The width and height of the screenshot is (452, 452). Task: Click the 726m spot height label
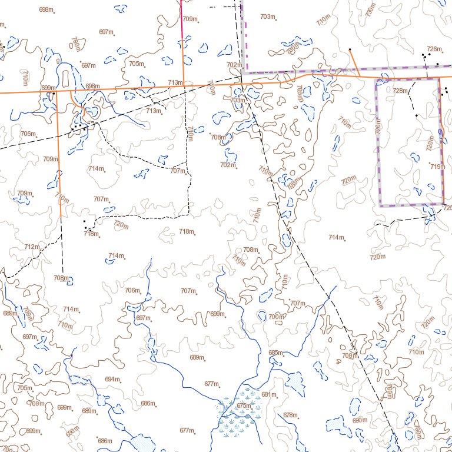pos(434,49)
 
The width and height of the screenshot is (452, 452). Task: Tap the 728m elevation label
pos(400,91)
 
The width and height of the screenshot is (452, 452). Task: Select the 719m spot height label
pos(436,167)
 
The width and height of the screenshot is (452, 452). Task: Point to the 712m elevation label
pos(32,247)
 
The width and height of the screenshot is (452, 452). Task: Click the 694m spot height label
pos(112,379)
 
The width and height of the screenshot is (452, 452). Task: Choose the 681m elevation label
pos(268,394)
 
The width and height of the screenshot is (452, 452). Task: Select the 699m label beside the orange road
pos(48,88)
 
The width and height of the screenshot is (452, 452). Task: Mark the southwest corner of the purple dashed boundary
pos(381,205)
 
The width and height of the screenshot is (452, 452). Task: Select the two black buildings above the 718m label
pos(86,225)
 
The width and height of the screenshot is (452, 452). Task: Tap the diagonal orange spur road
pos(355,62)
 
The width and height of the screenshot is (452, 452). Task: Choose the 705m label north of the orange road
pos(136,64)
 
